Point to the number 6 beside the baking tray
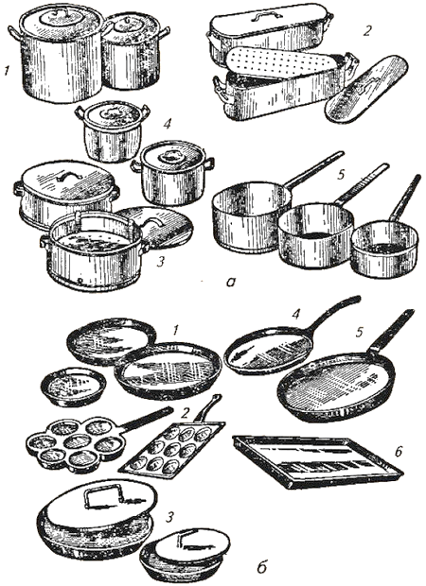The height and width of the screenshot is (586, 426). pos(398,452)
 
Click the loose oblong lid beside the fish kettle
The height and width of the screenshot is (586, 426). pos(366,88)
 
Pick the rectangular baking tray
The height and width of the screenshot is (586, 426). pos(317,461)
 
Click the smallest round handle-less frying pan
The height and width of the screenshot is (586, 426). pos(74,387)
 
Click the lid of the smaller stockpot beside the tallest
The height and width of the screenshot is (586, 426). pos(133,26)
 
